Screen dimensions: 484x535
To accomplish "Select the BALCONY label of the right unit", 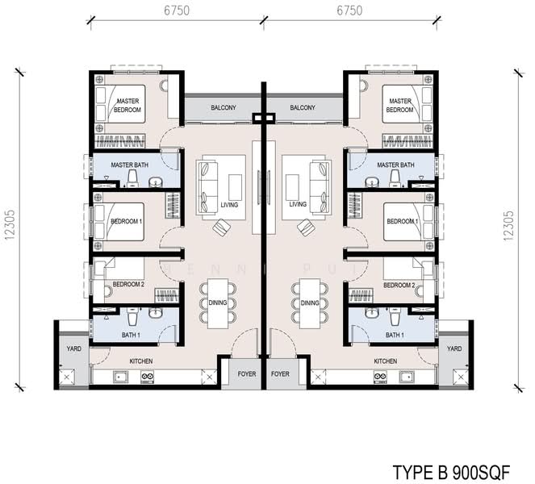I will click(302, 107).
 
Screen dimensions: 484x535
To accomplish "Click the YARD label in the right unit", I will click(454, 348).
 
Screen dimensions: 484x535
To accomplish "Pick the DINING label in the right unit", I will click(310, 303).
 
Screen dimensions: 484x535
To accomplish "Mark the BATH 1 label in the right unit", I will click(394, 335).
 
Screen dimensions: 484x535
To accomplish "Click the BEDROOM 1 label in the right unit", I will click(401, 221).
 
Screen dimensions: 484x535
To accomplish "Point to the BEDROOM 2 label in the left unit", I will click(128, 285).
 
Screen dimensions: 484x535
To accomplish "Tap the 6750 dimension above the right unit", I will click(349, 10).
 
